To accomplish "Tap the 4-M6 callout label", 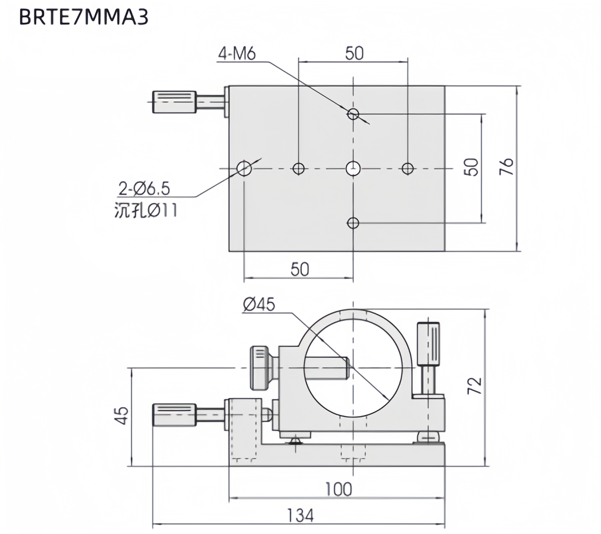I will point(237,53).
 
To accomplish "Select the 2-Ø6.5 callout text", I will point(144,189).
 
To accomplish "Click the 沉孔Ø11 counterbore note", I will point(146,210).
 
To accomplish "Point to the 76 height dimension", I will point(506,167).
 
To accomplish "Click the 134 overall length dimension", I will point(300,516).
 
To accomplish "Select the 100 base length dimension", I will point(338,490).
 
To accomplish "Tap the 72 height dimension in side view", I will point(474,386).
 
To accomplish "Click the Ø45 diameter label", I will point(259,304).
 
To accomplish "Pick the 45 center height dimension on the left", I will point(123,416).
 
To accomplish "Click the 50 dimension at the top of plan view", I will point(354,53).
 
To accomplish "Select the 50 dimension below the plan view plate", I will point(299,269).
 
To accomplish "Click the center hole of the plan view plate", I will point(353,168).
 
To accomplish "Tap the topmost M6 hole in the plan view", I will point(353,114).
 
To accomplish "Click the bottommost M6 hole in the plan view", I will point(353,223).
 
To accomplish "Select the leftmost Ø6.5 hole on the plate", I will point(244,168).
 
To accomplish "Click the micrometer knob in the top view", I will point(174,101).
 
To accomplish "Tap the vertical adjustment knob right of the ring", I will point(428,344).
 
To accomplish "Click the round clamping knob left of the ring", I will point(260,368).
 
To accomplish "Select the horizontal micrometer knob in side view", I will point(174,415).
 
